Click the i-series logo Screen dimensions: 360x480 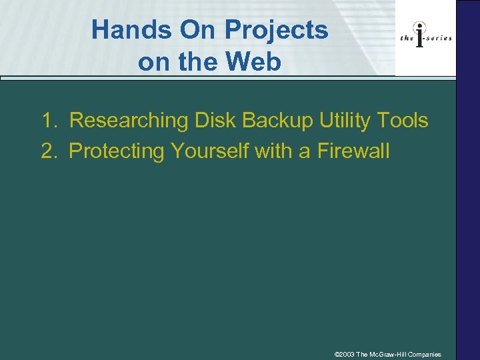coord(425,37)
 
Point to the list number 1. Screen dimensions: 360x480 coord(49,121)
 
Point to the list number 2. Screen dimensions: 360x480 coord(49,151)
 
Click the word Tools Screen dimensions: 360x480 coord(403,121)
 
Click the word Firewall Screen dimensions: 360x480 coord(353,151)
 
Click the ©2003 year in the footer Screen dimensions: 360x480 coord(345,355)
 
